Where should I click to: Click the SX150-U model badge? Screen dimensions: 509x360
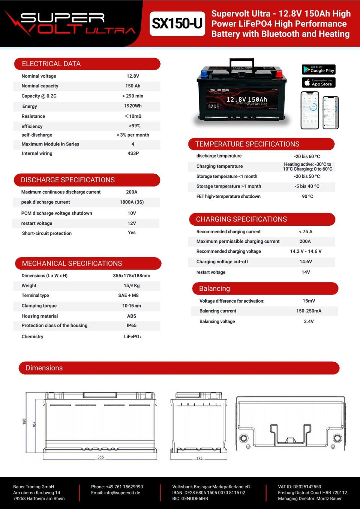tap(177, 24)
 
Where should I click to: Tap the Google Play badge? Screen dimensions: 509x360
tap(318, 69)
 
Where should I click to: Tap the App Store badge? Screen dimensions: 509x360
tap(318, 83)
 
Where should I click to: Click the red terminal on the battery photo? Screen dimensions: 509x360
tap(279, 74)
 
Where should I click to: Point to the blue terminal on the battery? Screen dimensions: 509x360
tap(204, 73)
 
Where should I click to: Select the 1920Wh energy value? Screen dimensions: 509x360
tap(133, 106)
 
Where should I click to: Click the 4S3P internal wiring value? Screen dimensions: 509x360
tap(133, 153)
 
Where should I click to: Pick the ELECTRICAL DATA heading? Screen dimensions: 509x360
tap(51, 64)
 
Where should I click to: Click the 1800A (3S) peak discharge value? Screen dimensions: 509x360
tap(132, 202)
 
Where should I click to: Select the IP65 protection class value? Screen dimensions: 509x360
tap(132, 326)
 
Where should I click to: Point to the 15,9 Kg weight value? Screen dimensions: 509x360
tap(132, 286)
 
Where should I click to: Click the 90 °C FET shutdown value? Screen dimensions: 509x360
tap(307, 197)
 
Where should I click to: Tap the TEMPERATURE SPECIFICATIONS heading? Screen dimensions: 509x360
tap(247, 144)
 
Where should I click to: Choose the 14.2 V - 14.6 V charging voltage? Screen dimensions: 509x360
tap(306, 251)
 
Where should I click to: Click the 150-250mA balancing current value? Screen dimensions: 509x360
tap(309, 311)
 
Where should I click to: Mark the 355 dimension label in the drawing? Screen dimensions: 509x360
tap(100, 457)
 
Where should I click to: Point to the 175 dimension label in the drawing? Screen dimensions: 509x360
tap(199, 458)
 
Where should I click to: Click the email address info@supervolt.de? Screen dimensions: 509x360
tap(115, 493)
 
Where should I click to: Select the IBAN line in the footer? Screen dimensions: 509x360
tap(208, 493)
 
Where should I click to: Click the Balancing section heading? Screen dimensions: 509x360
tap(214, 288)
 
